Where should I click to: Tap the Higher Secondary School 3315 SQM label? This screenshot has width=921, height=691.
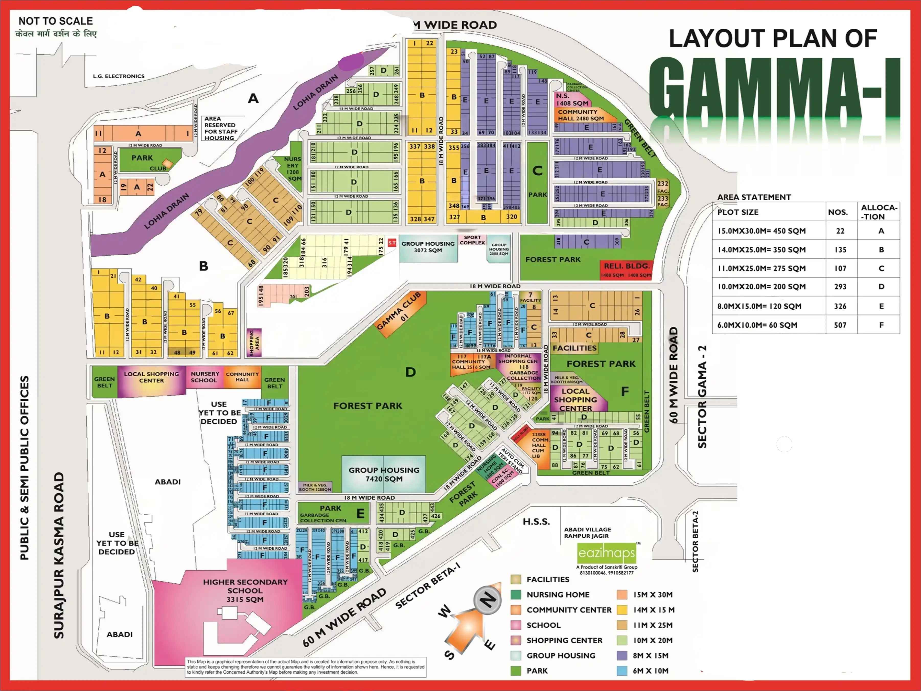(x=245, y=590)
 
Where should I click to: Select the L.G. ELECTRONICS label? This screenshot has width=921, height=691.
(x=119, y=76)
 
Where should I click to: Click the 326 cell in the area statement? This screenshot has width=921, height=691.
(x=840, y=306)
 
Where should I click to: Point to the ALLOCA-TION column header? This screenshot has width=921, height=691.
(x=879, y=212)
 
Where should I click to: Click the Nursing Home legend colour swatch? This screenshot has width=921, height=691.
(x=516, y=594)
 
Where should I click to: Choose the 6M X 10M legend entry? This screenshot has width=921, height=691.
(x=650, y=671)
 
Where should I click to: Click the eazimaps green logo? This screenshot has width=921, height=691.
(x=607, y=553)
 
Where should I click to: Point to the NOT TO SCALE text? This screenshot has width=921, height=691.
(x=55, y=21)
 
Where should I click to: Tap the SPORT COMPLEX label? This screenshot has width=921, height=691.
(x=472, y=240)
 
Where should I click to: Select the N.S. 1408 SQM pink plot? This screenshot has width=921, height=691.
(x=572, y=99)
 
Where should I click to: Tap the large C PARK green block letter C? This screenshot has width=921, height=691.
(x=537, y=171)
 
